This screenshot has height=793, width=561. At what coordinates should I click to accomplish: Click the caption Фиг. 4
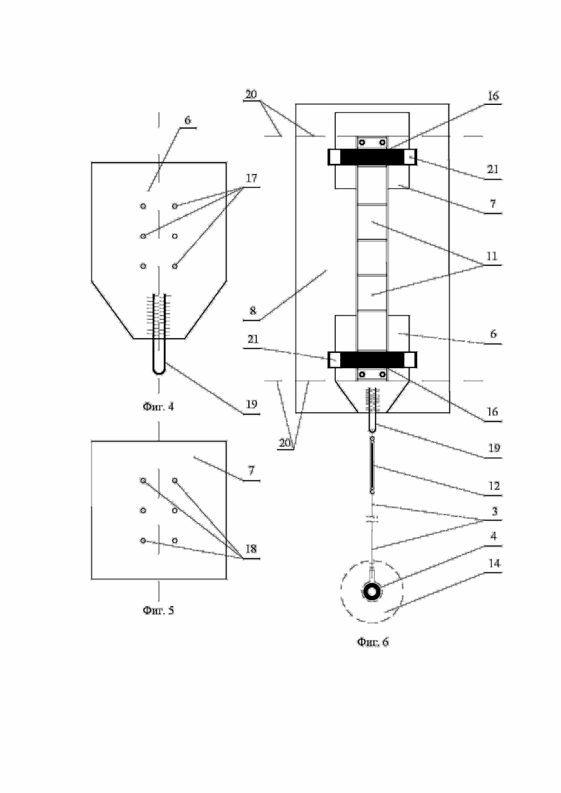pyautogui.click(x=158, y=406)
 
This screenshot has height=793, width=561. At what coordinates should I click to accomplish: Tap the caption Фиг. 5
pyautogui.click(x=158, y=610)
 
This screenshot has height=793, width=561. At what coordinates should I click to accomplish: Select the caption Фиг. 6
pyautogui.click(x=373, y=642)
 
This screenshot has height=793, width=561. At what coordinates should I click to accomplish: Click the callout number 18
pyautogui.click(x=251, y=549)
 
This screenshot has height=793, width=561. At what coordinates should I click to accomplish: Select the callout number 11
pyautogui.click(x=493, y=257)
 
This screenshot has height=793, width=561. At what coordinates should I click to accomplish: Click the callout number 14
pyautogui.click(x=493, y=566)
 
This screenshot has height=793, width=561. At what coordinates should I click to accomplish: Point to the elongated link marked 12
pyautogui.click(x=373, y=467)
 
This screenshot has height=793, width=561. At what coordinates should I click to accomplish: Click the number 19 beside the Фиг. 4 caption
pyautogui.click(x=251, y=404)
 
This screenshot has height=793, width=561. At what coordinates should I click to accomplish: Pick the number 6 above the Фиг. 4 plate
pyautogui.click(x=187, y=120)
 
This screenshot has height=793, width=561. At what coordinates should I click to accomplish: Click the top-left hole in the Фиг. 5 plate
pyautogui.click(x=143, y=480)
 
